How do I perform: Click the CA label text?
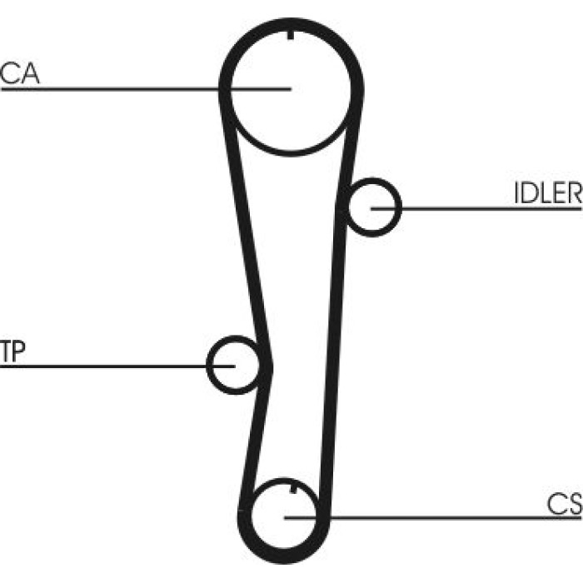pyautogui.click(x=20, y=73)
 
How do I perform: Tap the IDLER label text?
pyautogui.click(x=548, y=192)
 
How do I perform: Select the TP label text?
pyautogui.click(x=12, y=351)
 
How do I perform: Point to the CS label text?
pyautogui.click(x=565, y=504)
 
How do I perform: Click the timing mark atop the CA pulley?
pyautogui.click(x=291, y=35)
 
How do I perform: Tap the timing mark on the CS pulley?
pyautogui.click(x=293, y=489)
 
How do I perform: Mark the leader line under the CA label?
pyautogui.click(x=146, y=89)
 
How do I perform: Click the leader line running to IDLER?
pyautogui.click(x=476, y=208)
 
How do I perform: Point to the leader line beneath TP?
pyautogui.click(x=117, y=366)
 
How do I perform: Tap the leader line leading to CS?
pyautogui.click(x=433, y=517)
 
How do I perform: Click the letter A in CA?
pyautogui.click(x=30, y=73)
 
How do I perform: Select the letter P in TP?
pyautogui.click(x=19, y=351)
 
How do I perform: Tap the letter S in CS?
pyautogui.click(x=574, y=504)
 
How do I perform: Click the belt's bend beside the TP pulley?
pyautogui.click(x=267, y=367)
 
